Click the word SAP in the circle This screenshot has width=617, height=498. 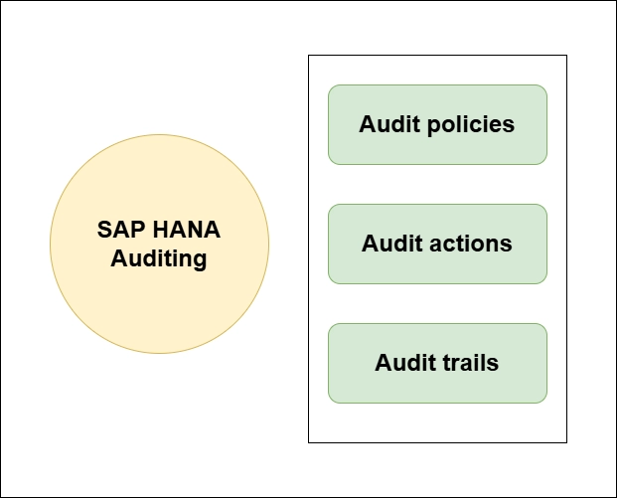pyautogui.click(x=121, y=230)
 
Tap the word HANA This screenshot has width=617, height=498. pyautogui.click(x=187, y=230)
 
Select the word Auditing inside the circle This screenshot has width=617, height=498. pyautogui.click(x=159, y=259)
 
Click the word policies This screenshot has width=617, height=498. pyautogui.click(x=471, y=125)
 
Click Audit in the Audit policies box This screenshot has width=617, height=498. pyautogui.click(x=389, y=124)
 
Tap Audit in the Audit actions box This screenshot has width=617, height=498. pyautogui.click(x=391, y=244)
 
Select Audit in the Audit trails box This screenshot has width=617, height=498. pyautogui.click(x=405, y=362)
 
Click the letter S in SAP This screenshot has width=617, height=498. pyautogui.click(x=104, y=230)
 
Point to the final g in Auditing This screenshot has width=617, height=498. pyautogui.click(x=201, y=261)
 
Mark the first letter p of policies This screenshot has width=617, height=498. pyautogui.click(x=433, y=127)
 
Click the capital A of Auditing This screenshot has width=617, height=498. pyautogui.click(x=118, y=258)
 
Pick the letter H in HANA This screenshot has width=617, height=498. pyautogui.click(x=160, y=230)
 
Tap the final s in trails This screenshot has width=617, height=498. pyautogui.click(x=494, y=365)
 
